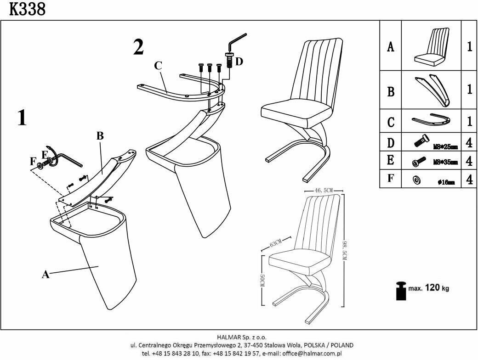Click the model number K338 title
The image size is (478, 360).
point(27,9)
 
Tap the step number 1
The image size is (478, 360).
point(22,118)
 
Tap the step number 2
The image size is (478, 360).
point(138,47)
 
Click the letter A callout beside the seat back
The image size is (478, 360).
point(45,275)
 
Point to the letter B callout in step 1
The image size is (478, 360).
point(100,136)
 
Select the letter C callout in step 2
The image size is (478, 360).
point(158,66)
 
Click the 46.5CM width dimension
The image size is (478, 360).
point(324,190)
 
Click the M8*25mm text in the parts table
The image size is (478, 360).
point(445,147)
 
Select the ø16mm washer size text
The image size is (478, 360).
point(446,182)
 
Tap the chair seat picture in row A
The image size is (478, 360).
point(431,46)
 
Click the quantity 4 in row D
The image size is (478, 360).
point(469,143)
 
